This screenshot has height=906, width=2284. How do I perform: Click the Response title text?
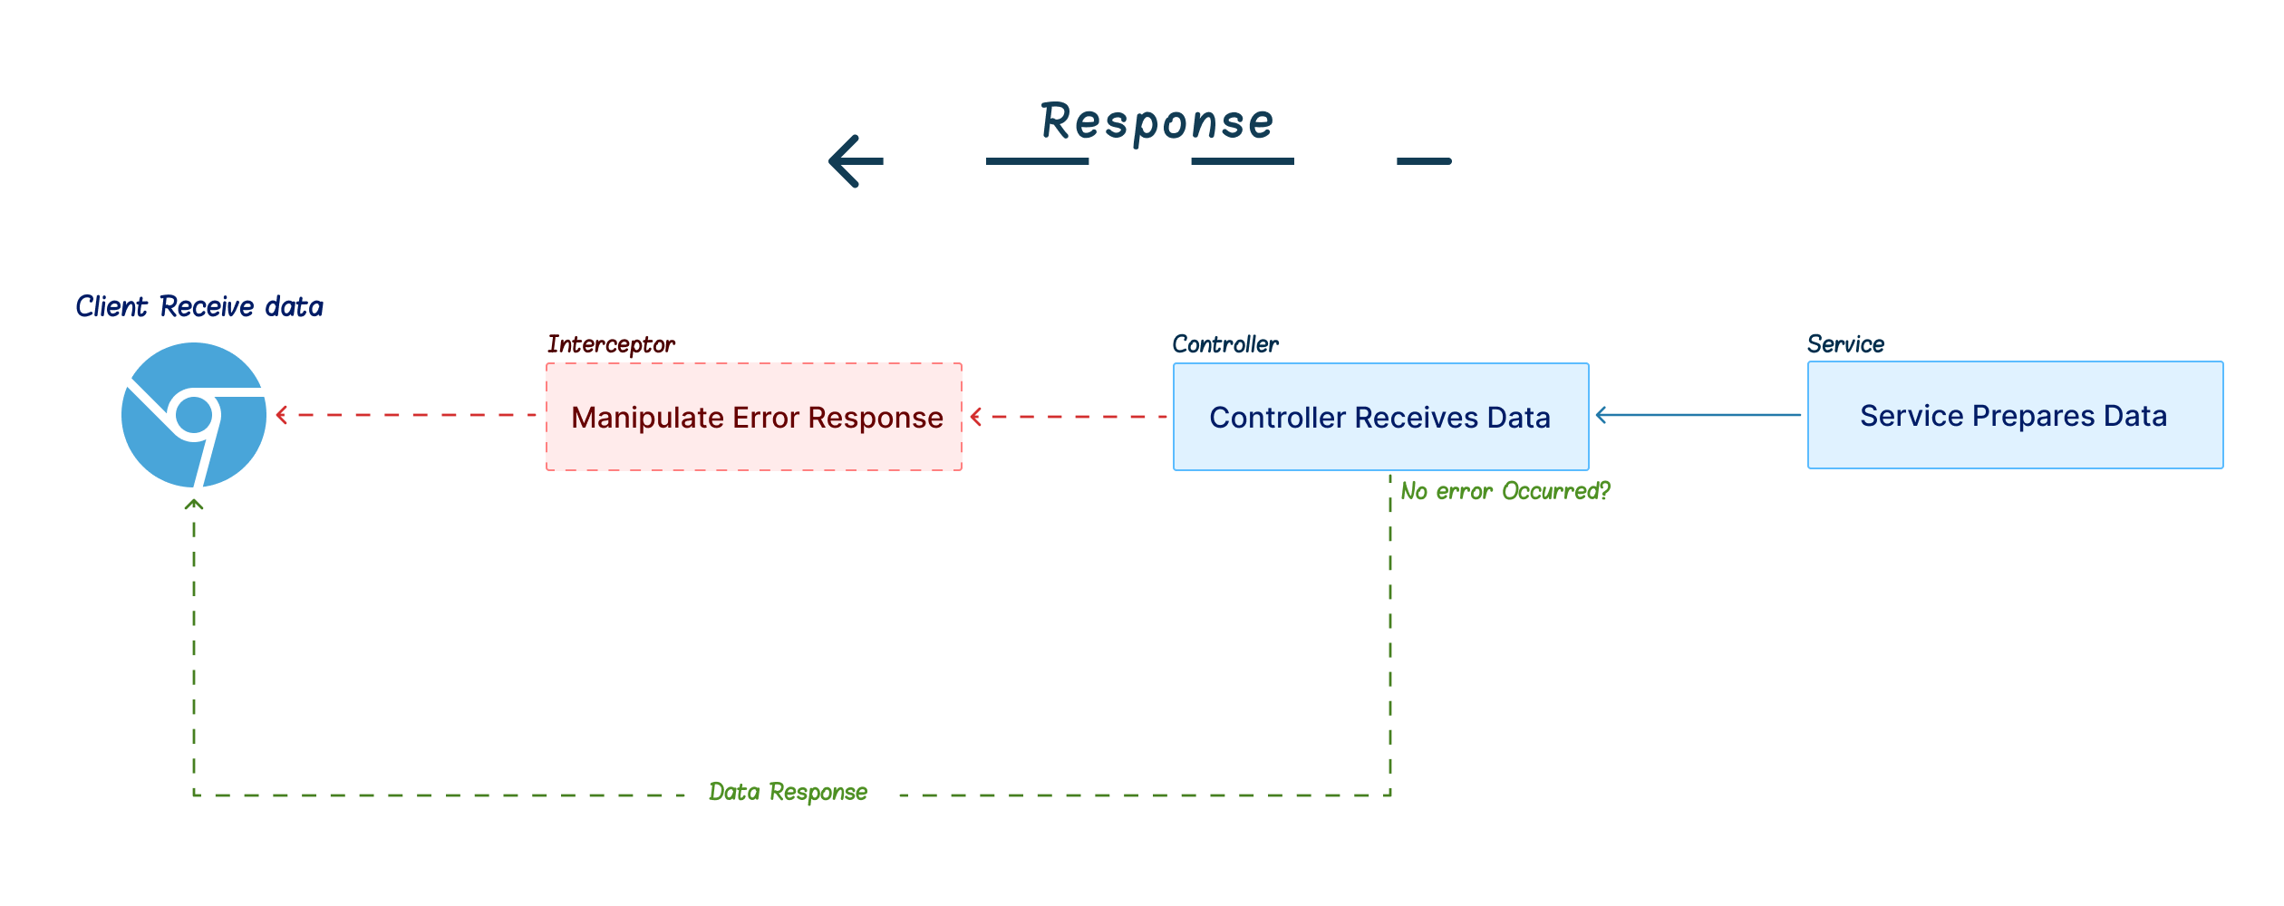point(1157,122)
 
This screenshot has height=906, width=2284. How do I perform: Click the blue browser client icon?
point(194,415)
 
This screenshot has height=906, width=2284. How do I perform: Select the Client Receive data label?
point(199,306)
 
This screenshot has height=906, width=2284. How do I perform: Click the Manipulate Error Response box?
point(754,417)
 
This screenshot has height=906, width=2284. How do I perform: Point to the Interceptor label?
point(611,344)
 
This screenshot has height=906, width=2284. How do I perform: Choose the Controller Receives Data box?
point(1381,417)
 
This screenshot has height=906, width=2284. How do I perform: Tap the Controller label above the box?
point(1225,344)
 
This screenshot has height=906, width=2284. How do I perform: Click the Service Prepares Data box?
point(2016,415)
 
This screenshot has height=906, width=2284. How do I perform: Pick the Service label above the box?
point(1845,344)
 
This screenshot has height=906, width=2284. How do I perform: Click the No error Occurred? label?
point(1505,491)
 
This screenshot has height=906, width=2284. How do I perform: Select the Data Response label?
point(789,792)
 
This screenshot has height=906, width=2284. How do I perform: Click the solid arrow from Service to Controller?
point(1698,415)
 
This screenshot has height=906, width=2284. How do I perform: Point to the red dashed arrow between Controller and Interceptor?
point(1069,417)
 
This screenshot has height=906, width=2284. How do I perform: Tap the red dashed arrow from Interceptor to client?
point(406,415)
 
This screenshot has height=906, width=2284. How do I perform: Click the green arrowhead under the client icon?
point(194,504)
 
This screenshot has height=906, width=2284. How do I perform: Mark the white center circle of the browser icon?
point(193,415)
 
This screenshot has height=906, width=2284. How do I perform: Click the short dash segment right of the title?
point(1424,161)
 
